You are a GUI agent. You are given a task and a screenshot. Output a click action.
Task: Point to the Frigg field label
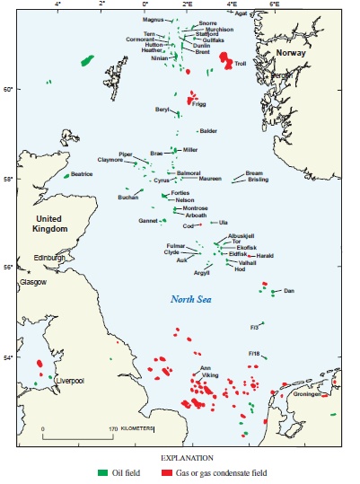[x=199, y=104]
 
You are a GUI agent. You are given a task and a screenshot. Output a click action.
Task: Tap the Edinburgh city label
[x=50, y=258]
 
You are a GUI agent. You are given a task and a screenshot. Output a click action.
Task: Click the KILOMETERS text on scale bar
[x=136, y=427]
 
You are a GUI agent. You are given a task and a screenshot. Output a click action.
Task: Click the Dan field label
[x=288, y=291]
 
